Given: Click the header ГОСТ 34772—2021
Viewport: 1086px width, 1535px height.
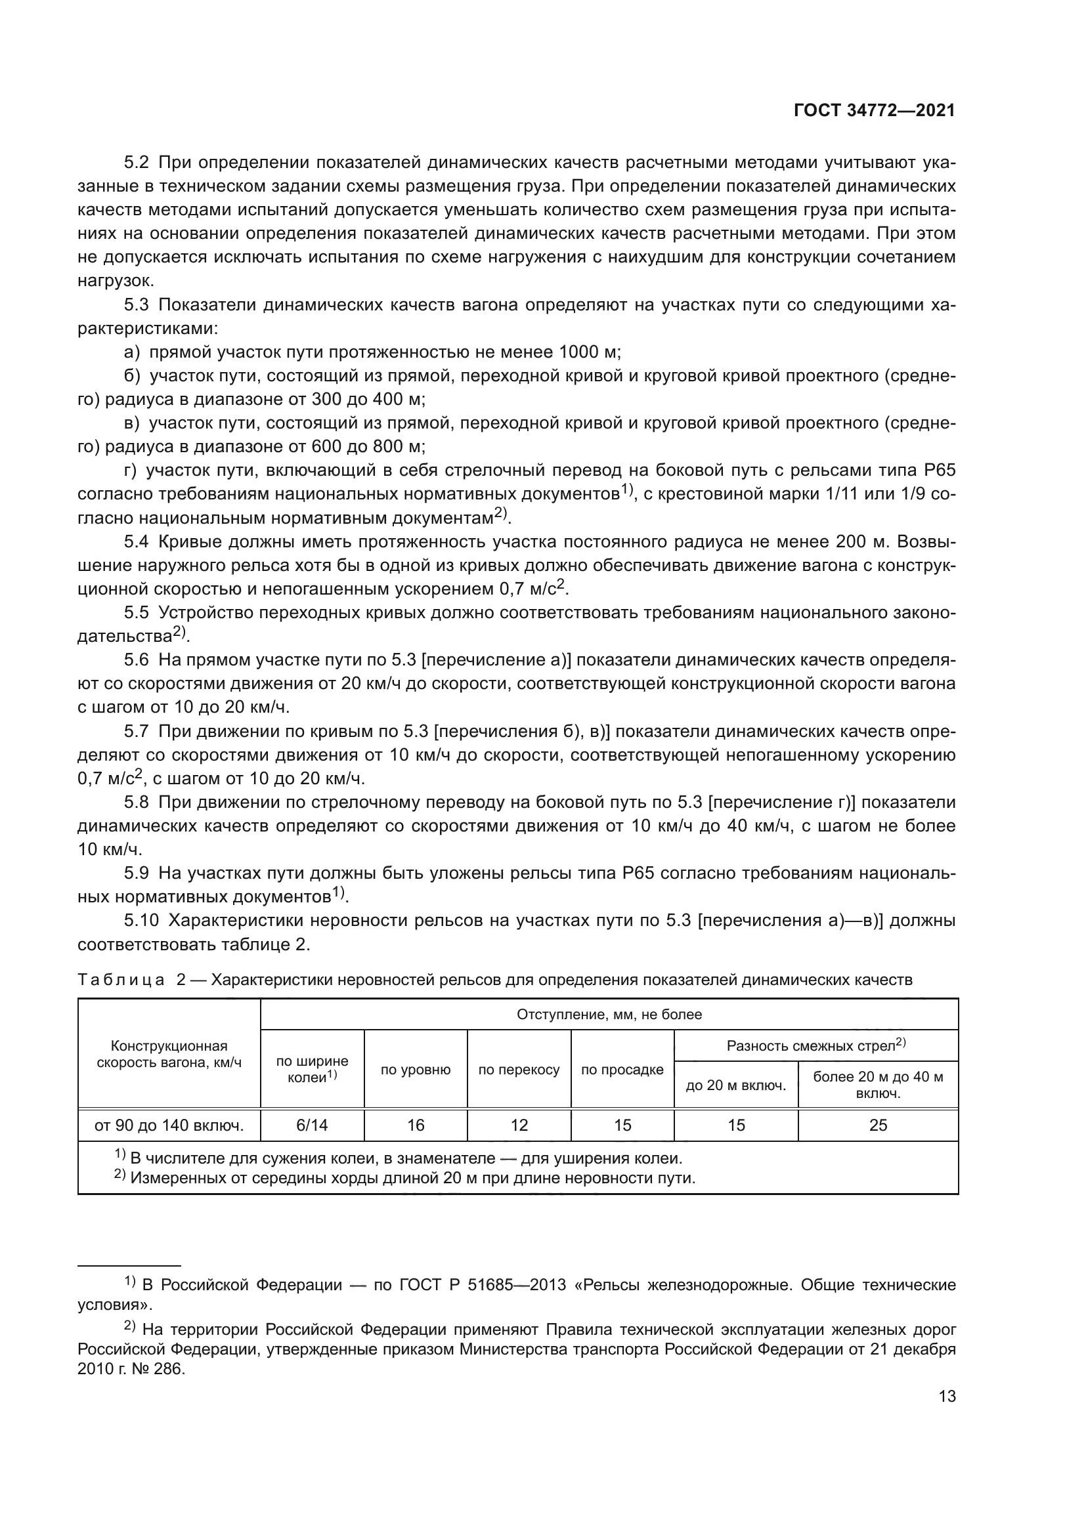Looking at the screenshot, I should coord(874,111).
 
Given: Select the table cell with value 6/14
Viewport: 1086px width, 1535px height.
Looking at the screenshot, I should coord(312,1125).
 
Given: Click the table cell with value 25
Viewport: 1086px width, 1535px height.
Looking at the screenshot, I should coord(877,1125).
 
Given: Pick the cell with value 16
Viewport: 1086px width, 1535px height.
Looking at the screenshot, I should coord(415,1125).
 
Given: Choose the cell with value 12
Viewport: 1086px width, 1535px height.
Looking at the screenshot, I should coord(519,1125).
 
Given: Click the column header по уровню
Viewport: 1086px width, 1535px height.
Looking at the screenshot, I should coord(415,1070).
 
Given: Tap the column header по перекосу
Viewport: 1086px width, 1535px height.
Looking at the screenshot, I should coord(519,1070).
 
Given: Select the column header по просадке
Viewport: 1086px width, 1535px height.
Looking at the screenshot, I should coord(622,1070).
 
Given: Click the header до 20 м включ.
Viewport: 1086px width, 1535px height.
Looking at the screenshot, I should coord(735,1085).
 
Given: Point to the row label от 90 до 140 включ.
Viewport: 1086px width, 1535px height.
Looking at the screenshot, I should coord(169,1125).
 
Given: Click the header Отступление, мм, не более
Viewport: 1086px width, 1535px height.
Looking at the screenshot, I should coord(609,1014).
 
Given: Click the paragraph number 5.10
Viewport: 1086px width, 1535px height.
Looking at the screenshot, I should coord(141,921).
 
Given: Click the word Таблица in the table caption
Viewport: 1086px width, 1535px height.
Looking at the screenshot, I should coord(121,980).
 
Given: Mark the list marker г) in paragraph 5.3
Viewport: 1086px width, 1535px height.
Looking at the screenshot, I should coord(131,471).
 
